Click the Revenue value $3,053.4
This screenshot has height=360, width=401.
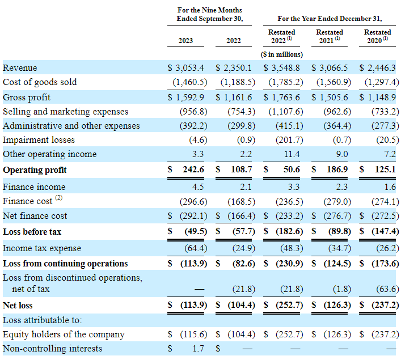(186, 68)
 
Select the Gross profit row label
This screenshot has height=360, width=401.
(27, 98)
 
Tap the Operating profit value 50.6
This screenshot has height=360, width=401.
(292, 170)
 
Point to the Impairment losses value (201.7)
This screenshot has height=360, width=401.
(289, 140)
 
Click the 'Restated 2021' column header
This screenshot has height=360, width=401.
(330, 36)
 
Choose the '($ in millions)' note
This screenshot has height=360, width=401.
(281, 54)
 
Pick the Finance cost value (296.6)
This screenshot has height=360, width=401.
(193, 202)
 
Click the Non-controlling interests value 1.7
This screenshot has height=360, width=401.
(198, 348)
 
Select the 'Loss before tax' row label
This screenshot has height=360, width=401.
(32, 232)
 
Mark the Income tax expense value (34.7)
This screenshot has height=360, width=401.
(340, 248)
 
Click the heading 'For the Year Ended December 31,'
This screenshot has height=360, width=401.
(330, 19)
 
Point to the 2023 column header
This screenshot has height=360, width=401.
(185, 41)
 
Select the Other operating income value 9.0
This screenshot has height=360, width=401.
(342, 154)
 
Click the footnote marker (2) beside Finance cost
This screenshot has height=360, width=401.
(59, 198)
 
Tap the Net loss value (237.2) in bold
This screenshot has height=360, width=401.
(385, 305)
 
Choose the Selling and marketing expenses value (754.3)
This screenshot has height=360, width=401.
(242, 112)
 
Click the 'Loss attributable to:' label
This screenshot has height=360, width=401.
(42, 320)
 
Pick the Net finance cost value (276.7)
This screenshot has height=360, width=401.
(337, 216)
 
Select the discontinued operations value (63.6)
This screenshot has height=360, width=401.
(388, 289)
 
